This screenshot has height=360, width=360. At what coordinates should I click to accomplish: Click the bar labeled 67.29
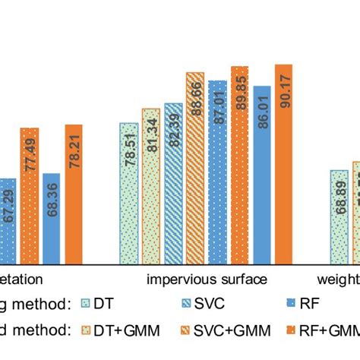8,221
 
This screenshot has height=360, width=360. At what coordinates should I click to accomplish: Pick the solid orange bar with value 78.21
74,194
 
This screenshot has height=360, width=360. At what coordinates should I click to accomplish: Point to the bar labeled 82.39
173,184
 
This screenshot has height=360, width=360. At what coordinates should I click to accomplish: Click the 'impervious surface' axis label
206,279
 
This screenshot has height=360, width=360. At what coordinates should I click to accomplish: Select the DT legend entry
99,305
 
